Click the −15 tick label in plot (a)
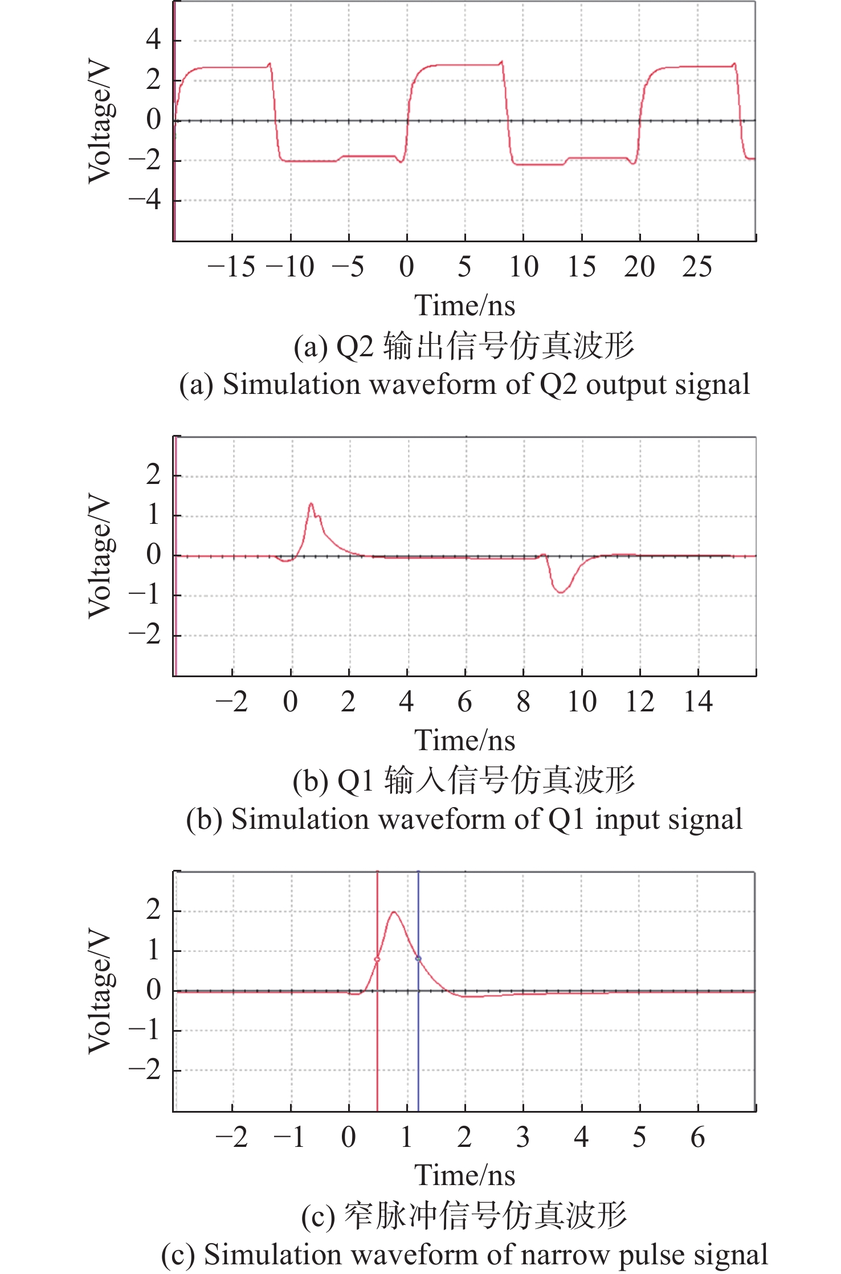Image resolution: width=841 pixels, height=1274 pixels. [x=231, y=267]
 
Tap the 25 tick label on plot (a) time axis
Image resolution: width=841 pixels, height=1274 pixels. [x=697, y=267]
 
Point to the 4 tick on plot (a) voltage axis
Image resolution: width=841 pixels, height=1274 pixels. [x=153, y=40]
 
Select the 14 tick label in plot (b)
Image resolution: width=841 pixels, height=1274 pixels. [x=698, y=702]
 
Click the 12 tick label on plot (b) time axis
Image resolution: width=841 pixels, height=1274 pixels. [x=639, y=702]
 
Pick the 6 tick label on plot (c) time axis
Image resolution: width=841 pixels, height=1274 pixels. [x=697, y=1137]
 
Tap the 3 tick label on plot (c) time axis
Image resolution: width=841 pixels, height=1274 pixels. [x=522, y=1137]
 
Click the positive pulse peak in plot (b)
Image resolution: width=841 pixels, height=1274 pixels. [x=311, y=503]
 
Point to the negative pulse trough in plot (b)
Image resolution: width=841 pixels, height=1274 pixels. [x=561, y=592]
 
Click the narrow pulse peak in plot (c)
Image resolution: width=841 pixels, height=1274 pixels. [x=394, y=913]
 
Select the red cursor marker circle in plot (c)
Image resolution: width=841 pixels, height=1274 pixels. [x=377, y=959]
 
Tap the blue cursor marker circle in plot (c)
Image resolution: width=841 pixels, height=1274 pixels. [x=418, y=959]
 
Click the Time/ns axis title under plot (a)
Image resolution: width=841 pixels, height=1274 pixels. [x=464, y=306]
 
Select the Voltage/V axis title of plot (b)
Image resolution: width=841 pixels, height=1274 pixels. [x=99, y=556]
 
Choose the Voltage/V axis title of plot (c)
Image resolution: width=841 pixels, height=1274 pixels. [x=99, y=991]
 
